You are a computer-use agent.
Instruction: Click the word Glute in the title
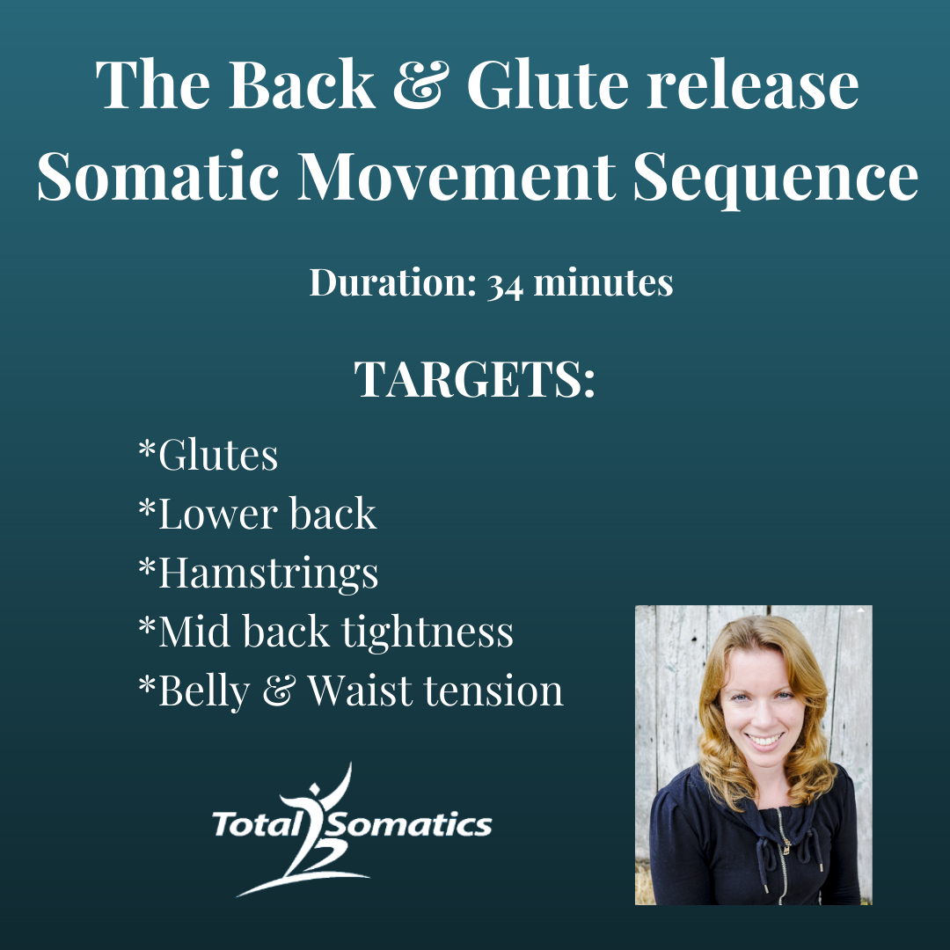click(548, 84)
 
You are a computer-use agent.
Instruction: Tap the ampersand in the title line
click(421, 84)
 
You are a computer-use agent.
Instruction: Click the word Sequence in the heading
click(776, 179)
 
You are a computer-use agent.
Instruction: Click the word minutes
click(603, 282)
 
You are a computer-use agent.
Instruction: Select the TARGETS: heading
click(474, 379)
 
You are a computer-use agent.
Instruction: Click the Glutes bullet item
click(208, 455)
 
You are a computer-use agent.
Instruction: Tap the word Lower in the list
click(217, 514)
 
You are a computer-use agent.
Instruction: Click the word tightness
click(427, 632)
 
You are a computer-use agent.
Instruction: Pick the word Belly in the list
click(204, 691)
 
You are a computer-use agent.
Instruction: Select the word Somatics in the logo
click(412, 824)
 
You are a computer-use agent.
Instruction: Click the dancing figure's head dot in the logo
click(314, 789)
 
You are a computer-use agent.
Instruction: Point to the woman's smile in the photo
click(764, 740)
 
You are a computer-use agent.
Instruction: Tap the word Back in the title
click(302, 84)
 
